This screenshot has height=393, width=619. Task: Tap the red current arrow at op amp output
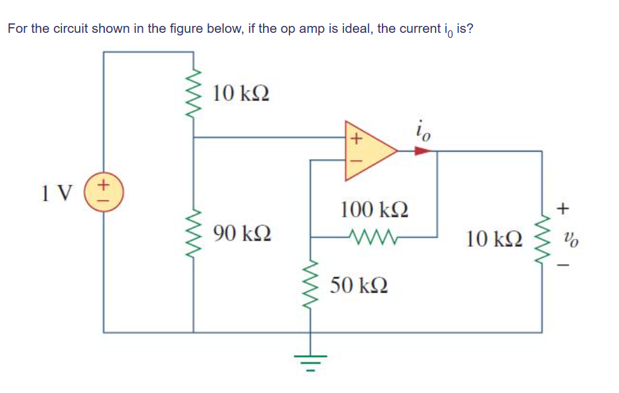pos(422,151)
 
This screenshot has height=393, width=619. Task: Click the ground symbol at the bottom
pos(310,362)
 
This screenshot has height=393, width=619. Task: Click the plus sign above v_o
pos(565,207)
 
